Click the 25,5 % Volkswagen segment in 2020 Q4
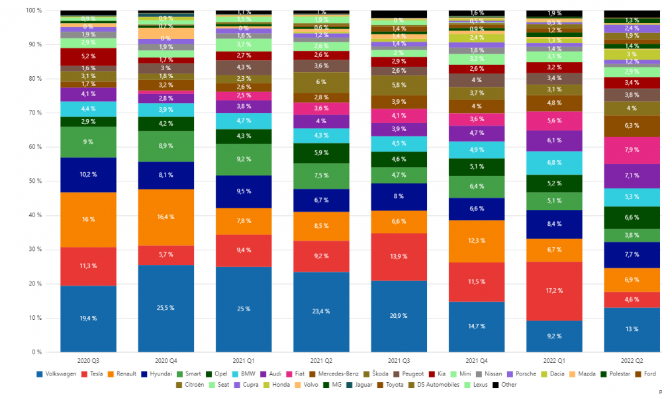166,308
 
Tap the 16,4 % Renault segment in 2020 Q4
166,217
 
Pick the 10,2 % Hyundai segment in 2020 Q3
88,175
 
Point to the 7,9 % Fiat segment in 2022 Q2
632,150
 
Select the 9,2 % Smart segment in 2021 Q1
244,160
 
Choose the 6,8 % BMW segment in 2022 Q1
553,163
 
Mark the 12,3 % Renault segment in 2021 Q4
476,241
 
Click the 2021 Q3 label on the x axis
399,360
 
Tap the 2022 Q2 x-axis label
632,360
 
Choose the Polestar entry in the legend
615,374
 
